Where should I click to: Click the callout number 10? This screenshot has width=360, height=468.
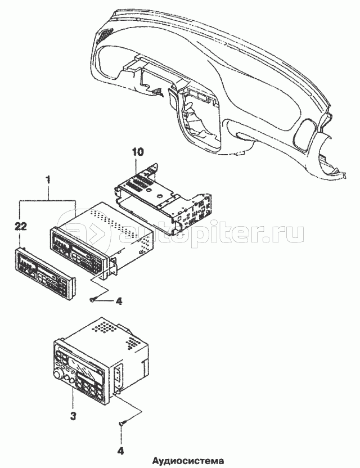pos(138,152)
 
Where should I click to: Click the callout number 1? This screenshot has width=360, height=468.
pos(49,180)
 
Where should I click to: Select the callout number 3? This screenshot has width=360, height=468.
pos(73,417)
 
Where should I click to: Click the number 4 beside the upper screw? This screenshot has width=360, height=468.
pos(119,301)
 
